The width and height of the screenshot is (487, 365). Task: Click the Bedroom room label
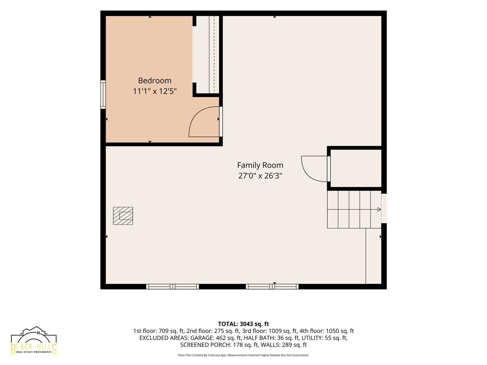[155, 80]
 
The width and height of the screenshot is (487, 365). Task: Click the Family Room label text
[260, 165]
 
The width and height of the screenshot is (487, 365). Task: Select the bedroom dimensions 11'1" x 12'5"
[155, 91]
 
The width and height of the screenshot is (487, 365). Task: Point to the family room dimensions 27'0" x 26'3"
[260, 176]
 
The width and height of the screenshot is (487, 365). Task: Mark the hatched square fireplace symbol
[123, 216]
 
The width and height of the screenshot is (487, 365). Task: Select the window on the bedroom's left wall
[103, 94]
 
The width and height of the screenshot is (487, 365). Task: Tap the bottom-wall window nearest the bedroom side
[172, 287]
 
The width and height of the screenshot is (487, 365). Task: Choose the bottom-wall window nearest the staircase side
[272, 287]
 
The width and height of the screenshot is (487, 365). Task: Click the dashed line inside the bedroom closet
[214, 54]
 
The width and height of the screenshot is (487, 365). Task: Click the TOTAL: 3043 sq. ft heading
[243, 324]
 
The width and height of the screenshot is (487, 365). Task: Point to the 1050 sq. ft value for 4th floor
[340, 331]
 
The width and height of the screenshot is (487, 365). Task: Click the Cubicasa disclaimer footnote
[243, 355]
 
